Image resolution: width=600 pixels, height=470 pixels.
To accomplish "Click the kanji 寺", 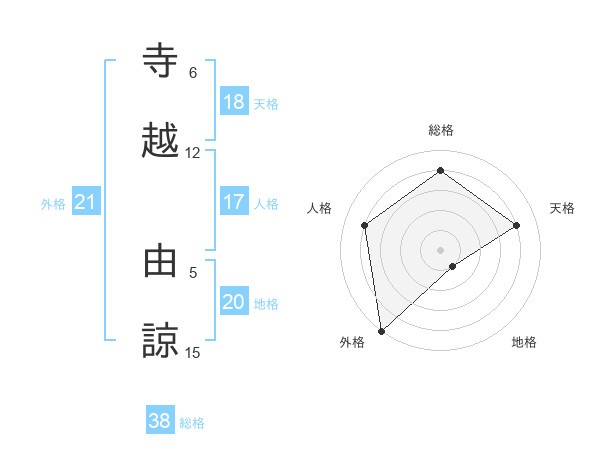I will coord(162,62).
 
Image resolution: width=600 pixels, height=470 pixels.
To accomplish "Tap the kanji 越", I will coord(162,141).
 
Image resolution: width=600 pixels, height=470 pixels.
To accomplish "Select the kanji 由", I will coord(162,263).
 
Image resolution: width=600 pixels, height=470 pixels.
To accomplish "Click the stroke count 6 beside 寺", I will coord(193,73).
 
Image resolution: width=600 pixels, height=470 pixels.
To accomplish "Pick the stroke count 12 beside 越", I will coord(193,153).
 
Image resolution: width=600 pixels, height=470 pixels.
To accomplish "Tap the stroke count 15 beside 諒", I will coord(193,353).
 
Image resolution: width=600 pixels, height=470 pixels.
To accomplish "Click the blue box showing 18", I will coord(234,102).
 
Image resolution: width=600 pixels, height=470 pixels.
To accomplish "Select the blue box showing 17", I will coord(234,202).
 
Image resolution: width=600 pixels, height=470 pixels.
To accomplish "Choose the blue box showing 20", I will coord(234,302).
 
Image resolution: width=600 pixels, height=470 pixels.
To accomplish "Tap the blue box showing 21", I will coord(86,203).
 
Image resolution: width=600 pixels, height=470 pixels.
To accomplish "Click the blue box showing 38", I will coord(160,421).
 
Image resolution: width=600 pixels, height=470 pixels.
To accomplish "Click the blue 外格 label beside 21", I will coord(53,204).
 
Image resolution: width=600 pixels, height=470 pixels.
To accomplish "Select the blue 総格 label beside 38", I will coord(192,423).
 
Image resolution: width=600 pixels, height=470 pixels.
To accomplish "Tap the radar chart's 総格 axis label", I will coord(441,131).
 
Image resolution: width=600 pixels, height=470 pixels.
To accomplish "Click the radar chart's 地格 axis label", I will coord(524,342).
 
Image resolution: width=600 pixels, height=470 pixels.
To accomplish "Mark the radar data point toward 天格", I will coord(517,225).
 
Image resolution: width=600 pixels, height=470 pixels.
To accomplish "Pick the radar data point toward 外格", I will coord(381,330).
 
